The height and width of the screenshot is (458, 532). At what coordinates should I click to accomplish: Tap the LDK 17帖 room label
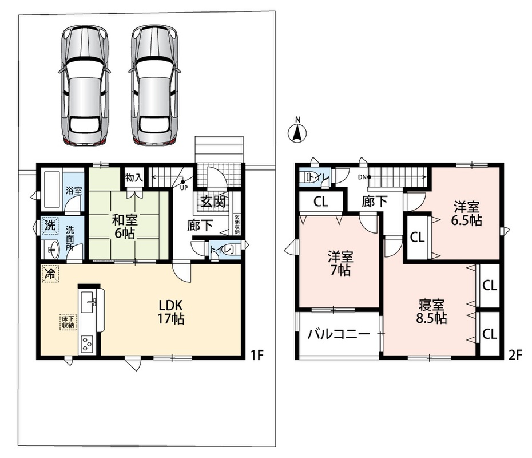tap(170, 312)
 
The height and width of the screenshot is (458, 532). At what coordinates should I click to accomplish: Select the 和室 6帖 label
tap(125, 227)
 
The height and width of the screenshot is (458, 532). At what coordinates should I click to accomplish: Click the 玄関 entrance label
tap(213, 202)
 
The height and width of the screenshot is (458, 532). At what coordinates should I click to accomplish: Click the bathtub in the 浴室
tap(51, 191)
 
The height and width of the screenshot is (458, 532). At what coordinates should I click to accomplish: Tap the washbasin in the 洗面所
tap(53, 250)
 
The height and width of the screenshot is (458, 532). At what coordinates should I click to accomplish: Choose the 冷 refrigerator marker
tap(50, 273)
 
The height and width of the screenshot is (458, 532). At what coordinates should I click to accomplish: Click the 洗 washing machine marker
tap(50, 226)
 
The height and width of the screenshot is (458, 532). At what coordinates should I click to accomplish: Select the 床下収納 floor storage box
tap(68, 322)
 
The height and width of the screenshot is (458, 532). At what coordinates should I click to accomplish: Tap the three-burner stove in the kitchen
tap(88, 344)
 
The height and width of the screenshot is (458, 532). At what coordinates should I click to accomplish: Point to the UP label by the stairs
tap(184, 188)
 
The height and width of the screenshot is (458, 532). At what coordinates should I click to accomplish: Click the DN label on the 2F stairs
tap(362, 177)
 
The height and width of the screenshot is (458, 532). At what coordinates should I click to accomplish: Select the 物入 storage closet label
tap(134, 177)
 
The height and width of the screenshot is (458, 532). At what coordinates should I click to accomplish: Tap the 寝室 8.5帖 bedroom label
tap(431, 311)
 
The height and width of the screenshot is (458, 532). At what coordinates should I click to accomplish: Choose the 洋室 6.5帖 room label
tap(467, 214)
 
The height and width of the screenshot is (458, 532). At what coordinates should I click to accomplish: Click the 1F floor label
tap(257, 355)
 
